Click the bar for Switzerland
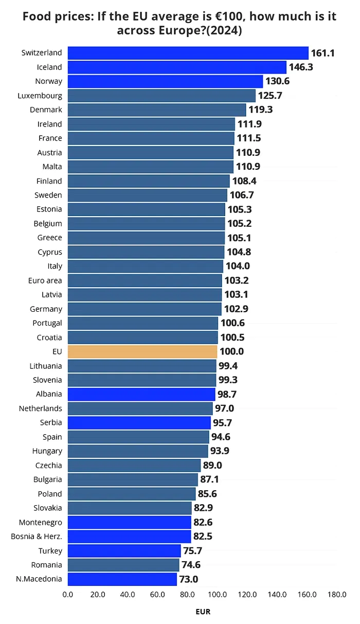pyautogui.click(x=188, y=53)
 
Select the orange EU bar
pyautogui.click(x=142, y=352)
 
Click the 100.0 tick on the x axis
pyautogui.click(x=218, y=595)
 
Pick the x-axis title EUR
pyautogui.click(x=203, y=612)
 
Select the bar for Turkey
pyautogui.click(x=124, y=551)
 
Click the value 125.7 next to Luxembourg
pyautogui.click(x=270, y=96)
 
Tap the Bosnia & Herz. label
pyautogui.click(x=37, y=537)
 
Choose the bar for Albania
pyautogui.click(x=141, y=395)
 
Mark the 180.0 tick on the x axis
pyautogui.click(x=337, y=595)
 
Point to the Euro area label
pyautogui.click(x=45, y=280)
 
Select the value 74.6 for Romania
pyautogui.click(x=191, y=565)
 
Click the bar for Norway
pyautogui.click(x=165, y=81)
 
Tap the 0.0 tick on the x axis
pyautogui.click(x=67, y=595)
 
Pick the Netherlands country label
pyautogui.click(x=41, y=408)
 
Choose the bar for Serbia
pyautogui.click(x=139, y=423)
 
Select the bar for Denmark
pyautogui.click(x=157, y=110)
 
